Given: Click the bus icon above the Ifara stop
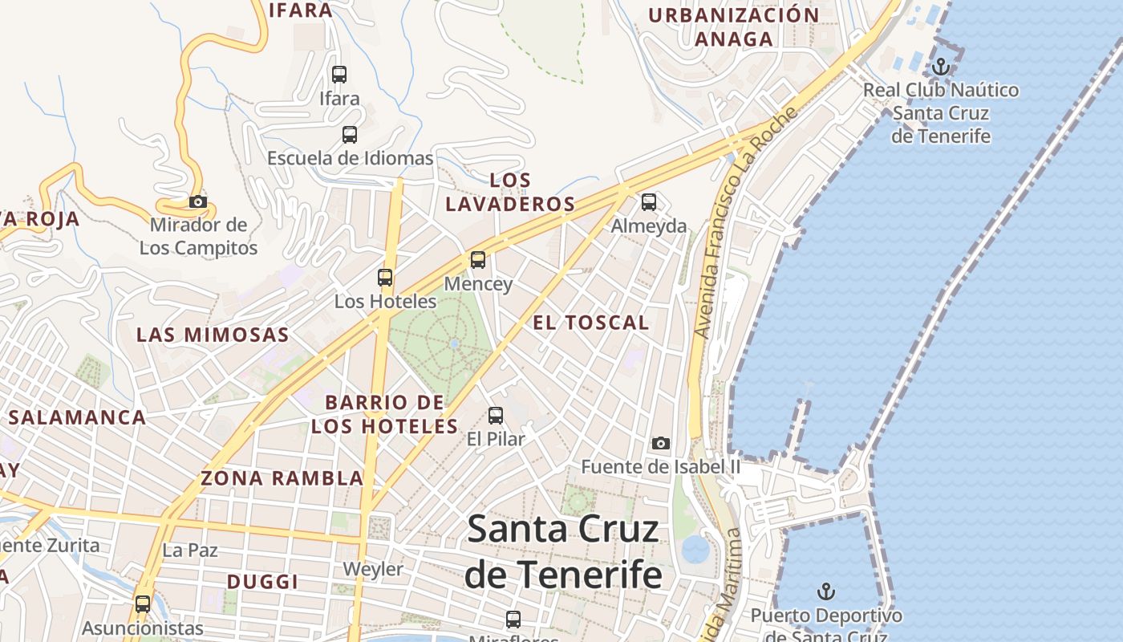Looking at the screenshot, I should pyautogui.click(x=339, y=75).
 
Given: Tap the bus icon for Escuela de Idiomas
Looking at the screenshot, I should pyautogui.click(x=350, y=135).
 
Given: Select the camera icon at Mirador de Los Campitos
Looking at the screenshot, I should pyautogui.click(x=198, y=201).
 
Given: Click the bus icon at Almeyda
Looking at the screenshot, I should pyautogui.click(x=649, y=202).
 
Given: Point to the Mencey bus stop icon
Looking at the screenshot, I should pyautogui.click(x=478, y=260).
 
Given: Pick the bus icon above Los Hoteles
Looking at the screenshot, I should pyautogui.click(x=385, y=278).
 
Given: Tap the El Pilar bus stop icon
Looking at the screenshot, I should pyautogui.click(x=496, y=416).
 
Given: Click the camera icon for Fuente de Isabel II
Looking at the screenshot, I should pyautogui.click(x=661, y=443).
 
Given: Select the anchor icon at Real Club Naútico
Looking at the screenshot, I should pyautogui.click(x=940, y=66).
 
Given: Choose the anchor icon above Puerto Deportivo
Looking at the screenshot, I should pyautogui.click(x=826, y=592).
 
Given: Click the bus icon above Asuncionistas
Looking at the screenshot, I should pyautogui.click(x=143, y=603).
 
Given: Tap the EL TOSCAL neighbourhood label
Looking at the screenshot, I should pyautogui.click(x=591, y=323).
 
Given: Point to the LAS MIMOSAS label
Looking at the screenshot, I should pyautogui.click(x=213, y=335).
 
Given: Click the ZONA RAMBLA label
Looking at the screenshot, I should pyautogui.click(x=282, y=478).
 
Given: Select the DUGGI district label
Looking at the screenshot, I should pyautogui.click(x=262, y=582).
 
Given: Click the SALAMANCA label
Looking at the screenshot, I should pyautogui.click(x=78, y=417).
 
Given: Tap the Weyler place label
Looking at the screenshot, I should pyautogui.click(x=373, y=570).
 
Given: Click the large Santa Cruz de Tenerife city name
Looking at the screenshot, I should pyautogui.click(x=564, y=552).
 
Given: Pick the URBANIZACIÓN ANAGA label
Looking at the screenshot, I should pyautogui.click(x=734, y=26).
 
